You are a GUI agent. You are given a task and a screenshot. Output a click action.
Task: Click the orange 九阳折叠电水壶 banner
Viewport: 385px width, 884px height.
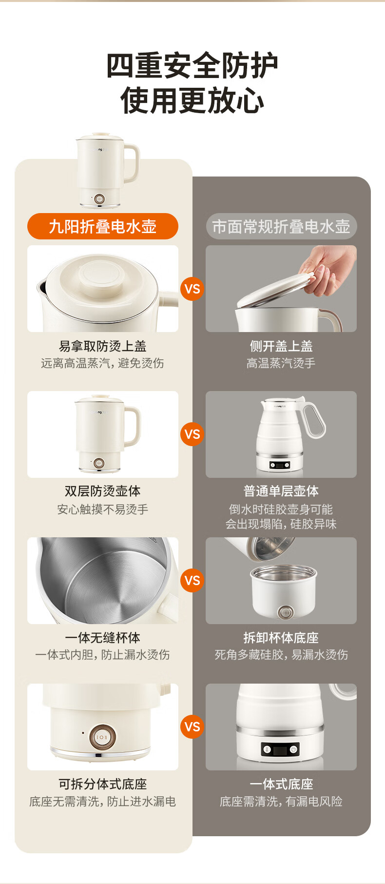[103, 226]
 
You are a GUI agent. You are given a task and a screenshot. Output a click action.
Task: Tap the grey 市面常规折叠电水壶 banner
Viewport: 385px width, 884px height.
[281, 226]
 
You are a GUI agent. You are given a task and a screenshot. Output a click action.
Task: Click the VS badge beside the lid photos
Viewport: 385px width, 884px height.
[192, 289]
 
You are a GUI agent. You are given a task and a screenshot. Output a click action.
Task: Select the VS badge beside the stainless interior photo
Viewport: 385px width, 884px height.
[192, 580]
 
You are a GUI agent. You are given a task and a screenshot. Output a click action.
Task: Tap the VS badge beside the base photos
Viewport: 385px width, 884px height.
[192, 727]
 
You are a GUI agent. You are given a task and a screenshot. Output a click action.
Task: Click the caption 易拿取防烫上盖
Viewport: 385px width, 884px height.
[103, 346]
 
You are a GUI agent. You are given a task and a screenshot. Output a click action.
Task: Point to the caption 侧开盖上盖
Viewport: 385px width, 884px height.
[281, 346]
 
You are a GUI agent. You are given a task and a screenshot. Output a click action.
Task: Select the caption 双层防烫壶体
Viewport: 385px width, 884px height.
[103, 491]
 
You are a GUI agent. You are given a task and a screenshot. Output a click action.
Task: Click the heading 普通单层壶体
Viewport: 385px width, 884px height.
[281, 491]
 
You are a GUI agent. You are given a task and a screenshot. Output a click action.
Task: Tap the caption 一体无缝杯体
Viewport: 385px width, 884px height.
[103, 638]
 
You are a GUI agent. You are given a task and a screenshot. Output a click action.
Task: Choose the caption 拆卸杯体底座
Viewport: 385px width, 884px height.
[281, 638]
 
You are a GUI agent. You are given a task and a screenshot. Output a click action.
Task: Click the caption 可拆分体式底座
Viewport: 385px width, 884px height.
[103, 784]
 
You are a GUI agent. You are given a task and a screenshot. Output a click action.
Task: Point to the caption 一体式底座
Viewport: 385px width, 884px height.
[281, 784]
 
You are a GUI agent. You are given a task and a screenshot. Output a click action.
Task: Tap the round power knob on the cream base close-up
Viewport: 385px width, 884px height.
[102, 737]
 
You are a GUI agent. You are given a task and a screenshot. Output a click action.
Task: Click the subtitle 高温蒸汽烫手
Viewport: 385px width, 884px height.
[281, 363]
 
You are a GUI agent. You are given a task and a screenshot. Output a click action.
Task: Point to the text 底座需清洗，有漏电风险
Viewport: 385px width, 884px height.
[281, 802]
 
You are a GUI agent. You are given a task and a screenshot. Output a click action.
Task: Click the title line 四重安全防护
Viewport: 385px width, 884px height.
[192, 65]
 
